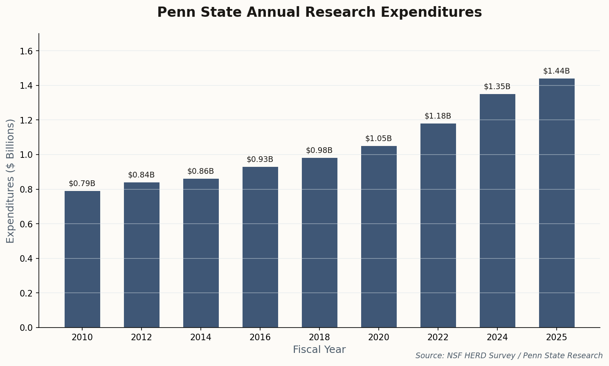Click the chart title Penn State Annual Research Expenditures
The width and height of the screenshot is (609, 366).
pos(319,13)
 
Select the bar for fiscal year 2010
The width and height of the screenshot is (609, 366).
pos(82,259)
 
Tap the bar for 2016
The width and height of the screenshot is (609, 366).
pos(260,247)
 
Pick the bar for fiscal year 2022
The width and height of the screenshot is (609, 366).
pos(438,225)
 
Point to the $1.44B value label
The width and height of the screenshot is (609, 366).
pos(556,71)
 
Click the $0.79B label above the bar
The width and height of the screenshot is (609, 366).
pos(82,184)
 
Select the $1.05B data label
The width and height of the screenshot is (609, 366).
pos(378,139)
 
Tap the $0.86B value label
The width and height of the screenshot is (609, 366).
pos(200,171)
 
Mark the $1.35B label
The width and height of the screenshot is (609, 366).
pos(497,87)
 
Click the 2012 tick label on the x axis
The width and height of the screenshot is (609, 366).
pos(142,337)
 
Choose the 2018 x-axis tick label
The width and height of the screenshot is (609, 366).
pos(319,337)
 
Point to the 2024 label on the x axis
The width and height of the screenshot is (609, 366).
pos(497,337)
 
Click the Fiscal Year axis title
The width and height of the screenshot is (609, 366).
pos(319,350)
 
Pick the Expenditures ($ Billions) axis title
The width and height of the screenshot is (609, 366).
pos(10,181)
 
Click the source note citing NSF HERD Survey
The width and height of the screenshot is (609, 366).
pos(509,356)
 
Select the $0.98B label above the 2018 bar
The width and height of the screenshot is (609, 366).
pos(319,150)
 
